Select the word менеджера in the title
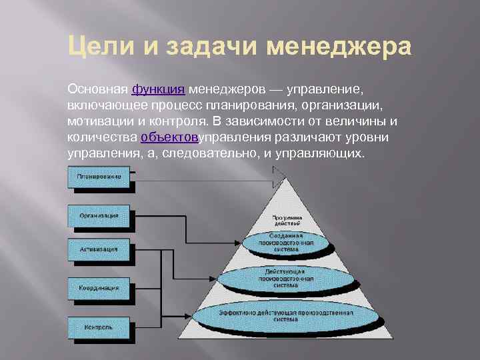(x=339, y=49)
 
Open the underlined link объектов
(x=167, y=138)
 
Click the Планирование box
(x=99, y=177)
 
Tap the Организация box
(x=99, y=216)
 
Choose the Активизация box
(x=99, y=250)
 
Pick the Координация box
(x=99, y=288)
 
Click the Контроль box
(x=99, y=328)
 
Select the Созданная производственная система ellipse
(x=287, y=244)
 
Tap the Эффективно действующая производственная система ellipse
(x=287, y=315)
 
